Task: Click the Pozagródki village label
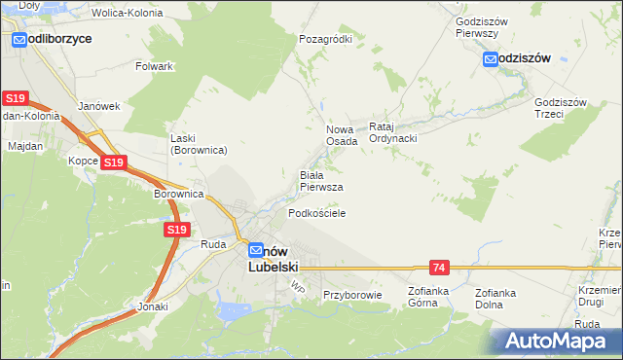pyautogui.click(x=325, y=39)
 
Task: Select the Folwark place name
pyautogui.click(x=155, y=66)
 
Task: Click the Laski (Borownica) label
pyautogui.click(x=199, y=144)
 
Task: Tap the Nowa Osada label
pyautogui.click(x=341, y=134)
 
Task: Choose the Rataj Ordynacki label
pyautogui.click(x=393, y=132)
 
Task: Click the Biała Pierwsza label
pyautogui.click(x=320, y=180)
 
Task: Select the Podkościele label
pyautogui.click(x=316, y=212)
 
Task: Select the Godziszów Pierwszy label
pyautogui.click(x=477, y=26)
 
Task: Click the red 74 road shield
pyautogui.click(x=440, y=267)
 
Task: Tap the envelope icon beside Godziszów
pyautogui.click(x=492, y=58)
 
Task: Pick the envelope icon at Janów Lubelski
pyautogui.click(x=256, y=249)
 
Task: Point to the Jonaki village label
pyautogui.click(x=152, y=306)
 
